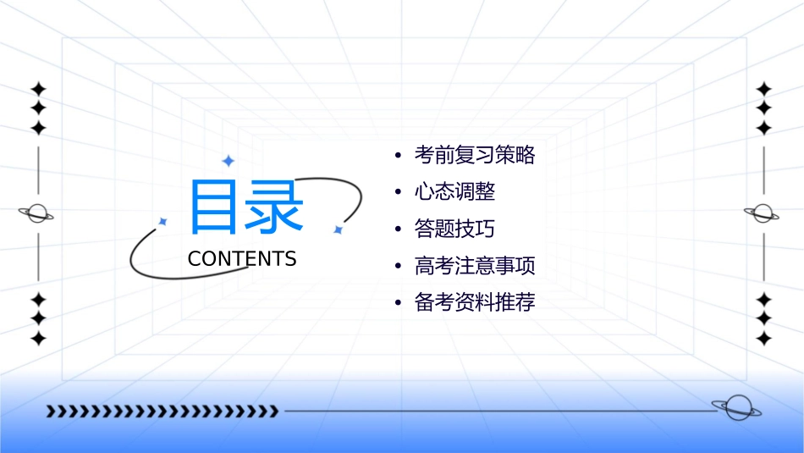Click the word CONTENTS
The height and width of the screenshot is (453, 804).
click(242, 259)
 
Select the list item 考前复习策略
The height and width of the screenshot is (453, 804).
click(475, 155)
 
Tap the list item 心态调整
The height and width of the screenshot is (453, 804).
click(454, 192)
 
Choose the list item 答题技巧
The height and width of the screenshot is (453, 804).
click(454, 229)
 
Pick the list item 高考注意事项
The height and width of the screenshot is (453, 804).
click(475, 266)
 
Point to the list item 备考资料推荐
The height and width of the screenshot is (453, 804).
click(475, 302)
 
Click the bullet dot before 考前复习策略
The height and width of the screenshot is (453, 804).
click(397, 156)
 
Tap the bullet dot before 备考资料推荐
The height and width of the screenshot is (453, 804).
click(397, 303)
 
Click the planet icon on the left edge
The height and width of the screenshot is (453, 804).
click(37, 213)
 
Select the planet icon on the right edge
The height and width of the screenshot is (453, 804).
click(763, 213)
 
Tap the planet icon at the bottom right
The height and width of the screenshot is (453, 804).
click(736, 408)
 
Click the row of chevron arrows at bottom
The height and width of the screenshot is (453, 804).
click(162, 412)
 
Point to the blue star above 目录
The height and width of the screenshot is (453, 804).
click(228, 160)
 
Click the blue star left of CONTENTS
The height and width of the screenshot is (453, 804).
click(163, 221)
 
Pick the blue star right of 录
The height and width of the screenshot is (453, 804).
click(338, 229)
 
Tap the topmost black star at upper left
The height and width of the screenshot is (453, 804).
click(37, 88)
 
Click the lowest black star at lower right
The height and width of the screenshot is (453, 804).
click(763, 339)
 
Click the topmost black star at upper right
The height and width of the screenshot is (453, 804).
click(763, 88)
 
